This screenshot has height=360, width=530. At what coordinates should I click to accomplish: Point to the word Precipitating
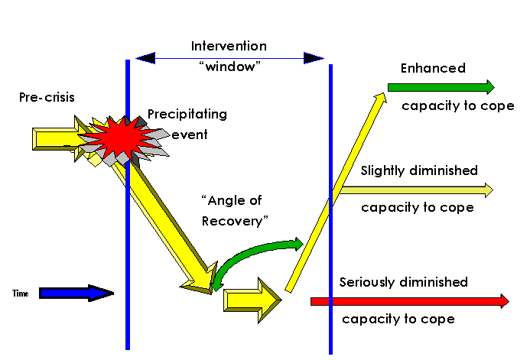pos(187,115)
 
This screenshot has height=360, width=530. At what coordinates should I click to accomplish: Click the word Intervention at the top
pos(229,46)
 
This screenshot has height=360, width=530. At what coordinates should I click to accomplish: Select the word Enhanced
pos(433,68)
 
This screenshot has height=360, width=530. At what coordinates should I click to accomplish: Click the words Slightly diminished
pos(419,170)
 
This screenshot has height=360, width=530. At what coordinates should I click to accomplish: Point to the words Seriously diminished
pos(403,282)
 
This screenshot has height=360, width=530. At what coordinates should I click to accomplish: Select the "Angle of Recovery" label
pos(236,209)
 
